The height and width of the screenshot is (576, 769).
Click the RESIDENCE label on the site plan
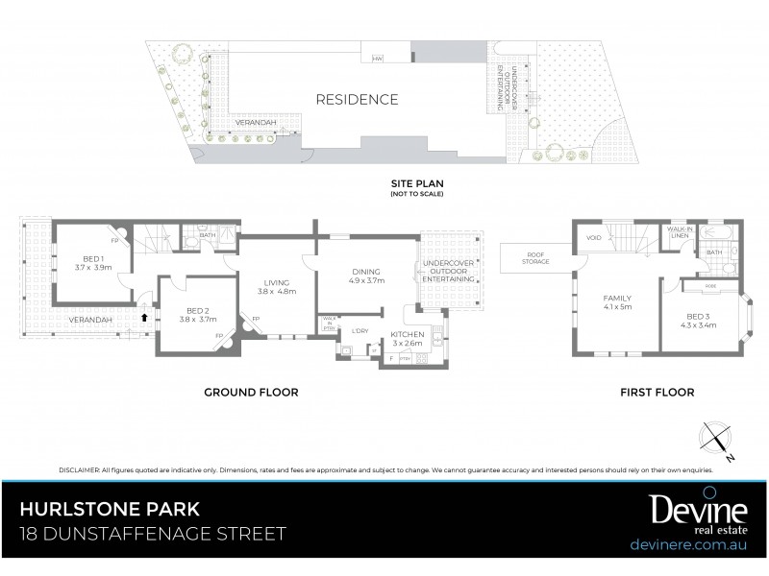pos(357,100)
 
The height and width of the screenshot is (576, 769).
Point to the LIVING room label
pos(276,281)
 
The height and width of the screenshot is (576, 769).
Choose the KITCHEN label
pos(408,335)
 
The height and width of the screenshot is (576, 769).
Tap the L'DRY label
pos(361,331)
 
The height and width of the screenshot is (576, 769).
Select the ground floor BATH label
pos(208,234)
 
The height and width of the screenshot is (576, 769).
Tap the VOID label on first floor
pos(593,237)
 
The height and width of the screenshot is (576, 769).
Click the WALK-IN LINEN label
pos(683,232)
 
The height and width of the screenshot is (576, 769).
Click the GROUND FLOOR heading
pos(250,392)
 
